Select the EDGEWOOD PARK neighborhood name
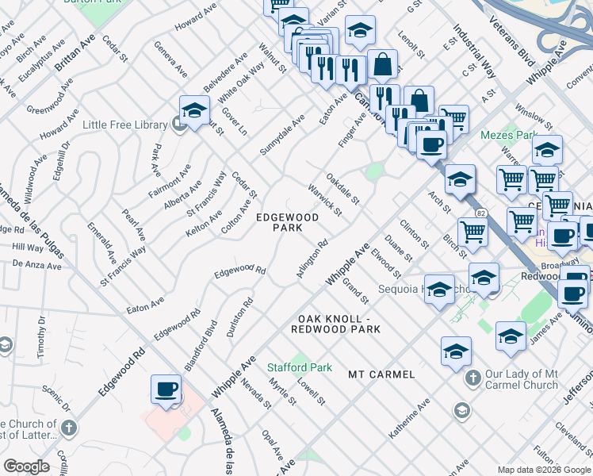pos(287,222)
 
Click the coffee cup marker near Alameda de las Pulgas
pos(166,390)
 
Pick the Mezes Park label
pos(509,135)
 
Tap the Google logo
pos(26,466)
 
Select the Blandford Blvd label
pos(201,340)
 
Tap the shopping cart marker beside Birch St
pos(472,232)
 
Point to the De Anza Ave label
pos(36,264)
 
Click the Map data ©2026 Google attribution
pos(544,470)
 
